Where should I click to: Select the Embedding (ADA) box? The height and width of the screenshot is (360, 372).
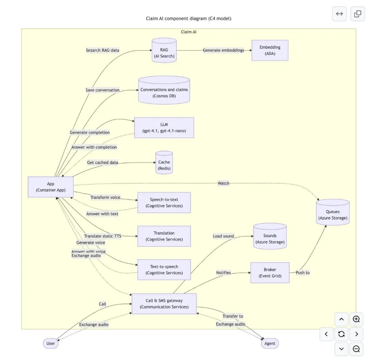coord(270,50)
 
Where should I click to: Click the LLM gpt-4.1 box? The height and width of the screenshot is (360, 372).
coord(164,128)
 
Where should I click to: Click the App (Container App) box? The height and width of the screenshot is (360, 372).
coord(51,187)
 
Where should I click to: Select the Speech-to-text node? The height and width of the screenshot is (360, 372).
coord(164,203)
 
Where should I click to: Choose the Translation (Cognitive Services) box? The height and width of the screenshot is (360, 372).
coord(164,236)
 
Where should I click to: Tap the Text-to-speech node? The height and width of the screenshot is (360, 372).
coord(164,269)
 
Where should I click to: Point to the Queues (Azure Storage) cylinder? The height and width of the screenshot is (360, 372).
coord(332,213)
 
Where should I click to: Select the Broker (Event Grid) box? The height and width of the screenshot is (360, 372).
coord(270,273)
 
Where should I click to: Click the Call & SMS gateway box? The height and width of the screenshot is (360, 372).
coord(164,304)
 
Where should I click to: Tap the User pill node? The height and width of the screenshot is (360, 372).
coord(51,343)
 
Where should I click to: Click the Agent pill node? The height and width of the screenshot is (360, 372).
coord(270,343)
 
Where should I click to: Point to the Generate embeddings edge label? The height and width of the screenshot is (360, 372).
coord(223,50)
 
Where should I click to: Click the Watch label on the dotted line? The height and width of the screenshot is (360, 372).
coord(223,183)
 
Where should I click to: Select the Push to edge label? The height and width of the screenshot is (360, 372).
coord(302,273)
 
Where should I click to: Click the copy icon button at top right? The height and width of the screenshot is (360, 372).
coord(358,14)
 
